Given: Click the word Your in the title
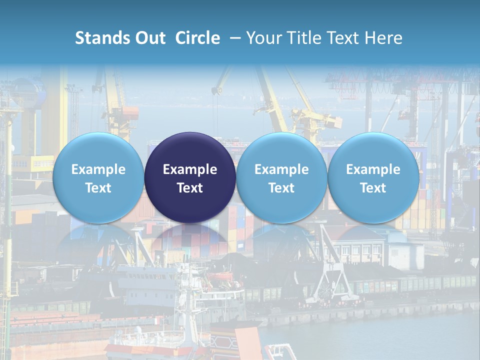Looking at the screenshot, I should [x=263, y=38].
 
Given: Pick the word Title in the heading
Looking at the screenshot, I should [x=305, y=38].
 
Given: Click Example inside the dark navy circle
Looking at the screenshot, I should [x=190, y=169].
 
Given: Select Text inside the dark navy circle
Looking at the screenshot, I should [x=190, y=188].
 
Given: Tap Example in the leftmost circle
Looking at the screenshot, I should [x=98, y=169].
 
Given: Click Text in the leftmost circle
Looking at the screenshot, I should [x=98, y=188].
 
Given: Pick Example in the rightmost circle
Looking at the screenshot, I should [x=373, y=169].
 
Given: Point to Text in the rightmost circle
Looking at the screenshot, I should [x=373, y=188].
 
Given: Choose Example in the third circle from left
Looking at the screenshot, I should [x=281, y=169].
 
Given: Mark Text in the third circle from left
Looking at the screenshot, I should [x=281, y=188].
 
